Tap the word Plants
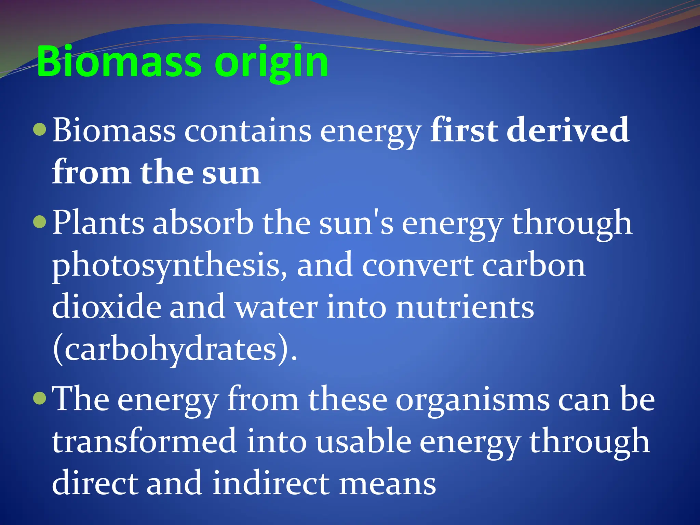(98, 223)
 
